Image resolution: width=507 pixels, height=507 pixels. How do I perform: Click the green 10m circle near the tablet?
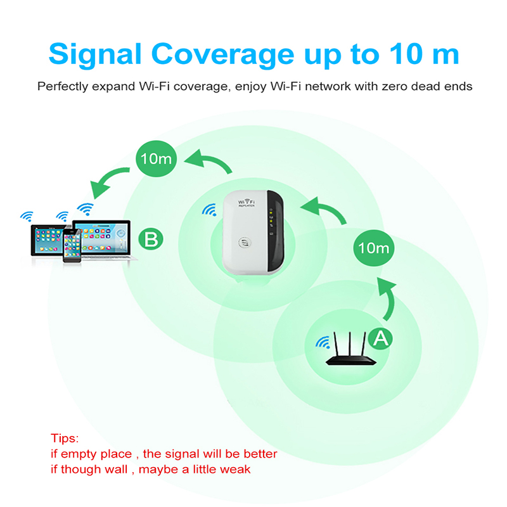(157, 158)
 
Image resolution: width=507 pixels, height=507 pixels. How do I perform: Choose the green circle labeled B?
(151, 240)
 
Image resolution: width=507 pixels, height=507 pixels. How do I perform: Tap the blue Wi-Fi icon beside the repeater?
(209, 210)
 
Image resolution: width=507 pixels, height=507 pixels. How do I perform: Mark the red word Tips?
(65, 439)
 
